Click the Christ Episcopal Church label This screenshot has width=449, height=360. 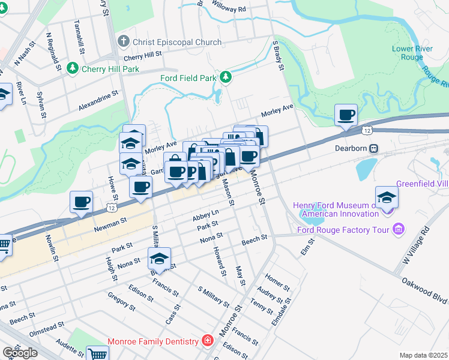pyautogui.click(x=170, y=41)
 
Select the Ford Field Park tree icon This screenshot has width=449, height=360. pyautogui.click(x=225, y=77)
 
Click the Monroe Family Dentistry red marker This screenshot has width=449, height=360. pyautogui.click(x=207, y=341)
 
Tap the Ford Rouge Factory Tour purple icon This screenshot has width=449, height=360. pyautogui.click(x=397, y=228)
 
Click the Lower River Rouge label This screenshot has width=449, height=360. pyautogui.click(x=407, y=53)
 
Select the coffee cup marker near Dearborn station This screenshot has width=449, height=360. pyautogui.click(x=346, y=115)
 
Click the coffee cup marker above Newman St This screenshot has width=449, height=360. pyautogui.click(x=81, y=202)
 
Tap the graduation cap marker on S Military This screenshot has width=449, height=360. pyautogui.click(x=159, y=259)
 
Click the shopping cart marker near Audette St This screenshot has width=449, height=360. pyautogui.click(x=97, y=354)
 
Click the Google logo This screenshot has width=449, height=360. pyautogui.click(x=20, y=353)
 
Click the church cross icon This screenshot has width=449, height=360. pyautogui.click(x=124, y=41)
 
